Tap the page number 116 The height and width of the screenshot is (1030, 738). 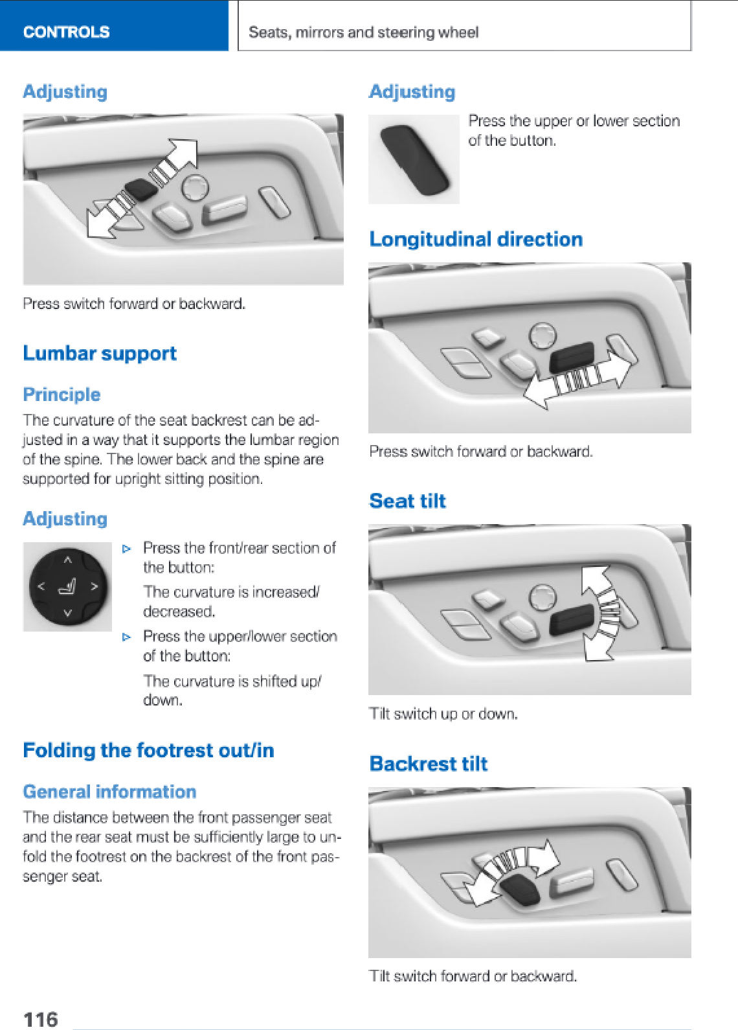click(40, 1019)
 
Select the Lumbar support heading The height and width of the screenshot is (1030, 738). click(100, 354)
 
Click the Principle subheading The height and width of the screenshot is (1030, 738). click(61, 395)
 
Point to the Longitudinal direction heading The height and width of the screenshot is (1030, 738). click(476, 240)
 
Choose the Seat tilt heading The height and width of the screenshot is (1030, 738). click(408, 501)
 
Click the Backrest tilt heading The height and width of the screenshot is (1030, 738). click(429, 764)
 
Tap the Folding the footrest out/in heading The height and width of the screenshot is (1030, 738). click(148, 750)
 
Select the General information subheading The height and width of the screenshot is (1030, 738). click(110, 792)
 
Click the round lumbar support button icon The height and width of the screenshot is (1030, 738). click(68, 587)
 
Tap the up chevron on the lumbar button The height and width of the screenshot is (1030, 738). click(67, 560)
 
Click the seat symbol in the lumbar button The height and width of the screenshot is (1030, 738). click(67, 587)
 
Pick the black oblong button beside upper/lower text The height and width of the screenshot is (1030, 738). click(414, 159)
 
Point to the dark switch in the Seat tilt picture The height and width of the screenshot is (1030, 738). click(572, 620)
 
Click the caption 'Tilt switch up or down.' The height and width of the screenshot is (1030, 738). click(443, 714)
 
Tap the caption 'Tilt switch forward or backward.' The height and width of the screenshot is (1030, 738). click(473, 976)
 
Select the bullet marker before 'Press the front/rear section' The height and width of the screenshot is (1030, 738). click(126, 549)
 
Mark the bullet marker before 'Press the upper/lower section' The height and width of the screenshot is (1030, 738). click(126, 637)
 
